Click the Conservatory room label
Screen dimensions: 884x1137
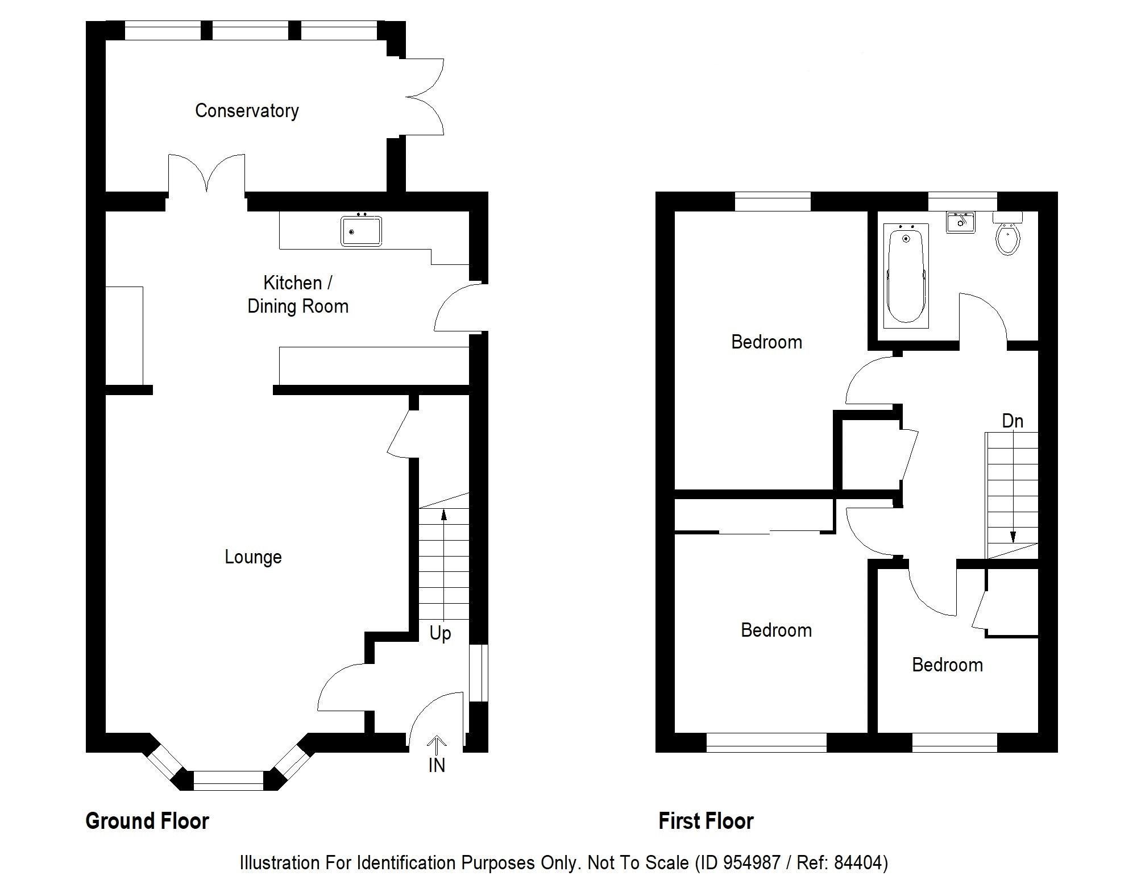247,110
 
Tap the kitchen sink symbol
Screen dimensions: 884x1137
362,231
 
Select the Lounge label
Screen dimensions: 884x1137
253,557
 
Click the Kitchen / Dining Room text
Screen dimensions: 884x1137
297,294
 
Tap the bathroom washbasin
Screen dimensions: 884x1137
960,222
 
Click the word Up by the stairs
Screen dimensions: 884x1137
440,633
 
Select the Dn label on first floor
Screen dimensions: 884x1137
1012,421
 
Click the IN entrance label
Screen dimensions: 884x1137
437,765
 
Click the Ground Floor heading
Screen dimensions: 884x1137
147,821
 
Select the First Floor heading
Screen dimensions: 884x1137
706,821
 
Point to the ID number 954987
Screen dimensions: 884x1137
752,863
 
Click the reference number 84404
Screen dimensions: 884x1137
857,863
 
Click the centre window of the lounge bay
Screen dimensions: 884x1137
229,781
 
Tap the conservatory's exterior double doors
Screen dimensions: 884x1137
424,97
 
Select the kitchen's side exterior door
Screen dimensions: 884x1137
455,308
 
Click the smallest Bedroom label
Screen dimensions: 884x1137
947,665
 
